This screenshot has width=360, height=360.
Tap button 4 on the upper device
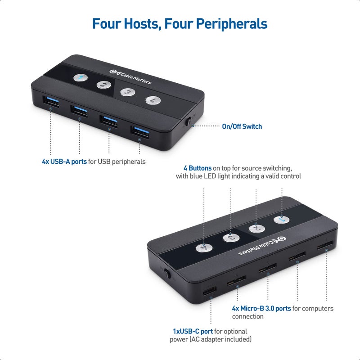[152, 99]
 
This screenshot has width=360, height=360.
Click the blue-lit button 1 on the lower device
[281, 220]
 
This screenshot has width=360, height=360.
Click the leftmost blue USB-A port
[50, 101]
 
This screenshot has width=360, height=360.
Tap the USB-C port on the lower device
[209, 293]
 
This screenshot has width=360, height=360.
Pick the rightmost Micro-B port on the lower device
[325, 247]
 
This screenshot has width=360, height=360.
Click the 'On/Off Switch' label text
[242, 126]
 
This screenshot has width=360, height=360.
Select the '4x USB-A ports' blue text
[64, 162]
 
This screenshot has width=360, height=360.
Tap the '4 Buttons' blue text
[197, 168]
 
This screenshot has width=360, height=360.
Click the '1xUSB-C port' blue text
[193, 332]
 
